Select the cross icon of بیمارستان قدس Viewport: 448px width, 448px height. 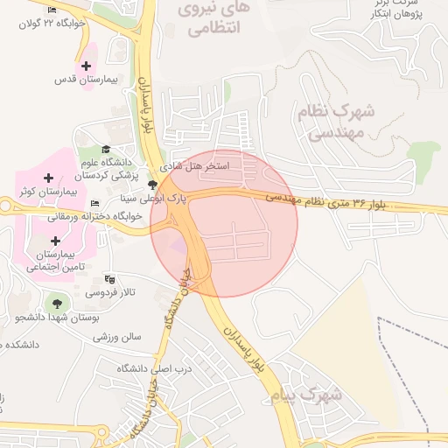[86, 66]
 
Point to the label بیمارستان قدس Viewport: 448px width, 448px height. [86, 80]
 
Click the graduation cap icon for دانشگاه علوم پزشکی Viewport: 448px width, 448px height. [107, 150]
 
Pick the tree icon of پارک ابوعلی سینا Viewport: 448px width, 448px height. [154, 185]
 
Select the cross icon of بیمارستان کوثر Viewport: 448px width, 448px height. [48, 178]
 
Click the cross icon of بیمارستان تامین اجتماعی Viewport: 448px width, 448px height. [56, 241]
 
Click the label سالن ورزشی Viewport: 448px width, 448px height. [118, 336]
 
